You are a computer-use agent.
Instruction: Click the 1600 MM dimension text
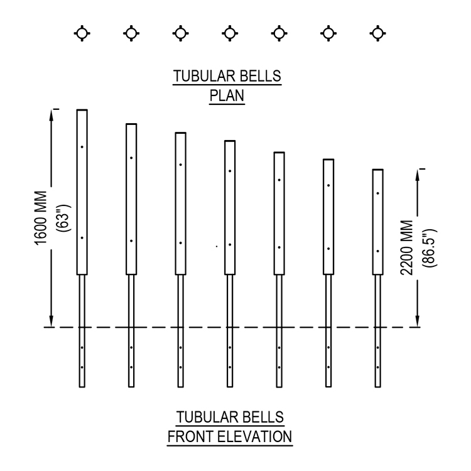pyautogui.click(x=41, y=218)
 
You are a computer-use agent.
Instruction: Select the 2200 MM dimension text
pyautogui.click(x=407, y=248)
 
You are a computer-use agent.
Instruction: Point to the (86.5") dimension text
pyautogui.click(x=430, y=248)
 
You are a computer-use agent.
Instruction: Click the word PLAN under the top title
pyautogui.click(x=227, y=96)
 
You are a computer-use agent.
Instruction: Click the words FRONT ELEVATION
pyautogui.click(x=230, y=436)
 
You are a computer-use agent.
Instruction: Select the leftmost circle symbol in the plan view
pyautogui.click(x=82, y=33)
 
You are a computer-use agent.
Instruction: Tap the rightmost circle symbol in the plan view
pyautogui.click(x=377, y=33)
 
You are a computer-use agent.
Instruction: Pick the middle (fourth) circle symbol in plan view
pyautogui.click(x=230, y=33)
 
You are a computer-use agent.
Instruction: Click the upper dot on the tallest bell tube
pyautogui.click(x=82, y=147)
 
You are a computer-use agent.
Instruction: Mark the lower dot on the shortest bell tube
pyautogui.click(x=377, y=251)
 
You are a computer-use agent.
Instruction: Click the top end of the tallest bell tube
pyautogui.click(x=82, y=110)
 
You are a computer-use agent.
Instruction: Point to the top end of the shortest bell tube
pyautogui.click(x=377, y=170)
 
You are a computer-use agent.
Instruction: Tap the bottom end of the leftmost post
pyautogui.click(x=82, y=387)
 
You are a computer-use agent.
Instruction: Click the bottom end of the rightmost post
pyautogui.click(x=377, y=387)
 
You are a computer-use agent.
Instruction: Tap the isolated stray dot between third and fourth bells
pyautogui.click(x=217, y=247)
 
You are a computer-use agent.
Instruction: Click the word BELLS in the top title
pyautogui.click(x=261, y=76)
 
